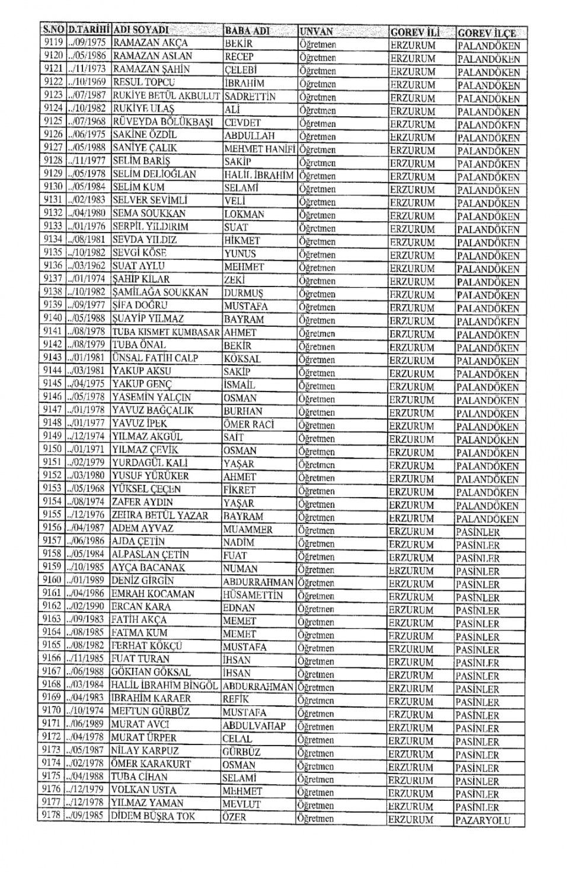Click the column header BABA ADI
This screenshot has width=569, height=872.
[x=247, y=30]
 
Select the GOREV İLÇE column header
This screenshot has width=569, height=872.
[x=487, y=33]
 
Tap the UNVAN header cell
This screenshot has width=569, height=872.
[x=317, y=31]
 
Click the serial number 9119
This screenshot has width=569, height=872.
[x=53, y=42]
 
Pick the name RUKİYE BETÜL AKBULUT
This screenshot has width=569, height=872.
[x=166, y=96]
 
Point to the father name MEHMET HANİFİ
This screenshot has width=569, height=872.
[x=260, y=149]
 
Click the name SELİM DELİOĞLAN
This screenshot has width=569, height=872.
[x=154, y=174]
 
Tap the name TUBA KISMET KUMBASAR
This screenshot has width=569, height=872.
[x=166, y=332]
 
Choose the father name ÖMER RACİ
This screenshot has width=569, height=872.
[x=249, y=424]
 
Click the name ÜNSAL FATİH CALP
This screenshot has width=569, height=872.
[x=155, y=358]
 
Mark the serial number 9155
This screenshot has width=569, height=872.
[x=52, y=514]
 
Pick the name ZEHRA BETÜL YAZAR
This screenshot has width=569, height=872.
[x=160, y=515]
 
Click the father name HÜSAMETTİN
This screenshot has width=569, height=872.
[x=253, y=595]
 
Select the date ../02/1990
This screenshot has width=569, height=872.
[x=87, y=606]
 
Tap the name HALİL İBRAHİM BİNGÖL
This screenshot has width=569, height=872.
[x=164, y=685]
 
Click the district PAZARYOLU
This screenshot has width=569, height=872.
[x=482, y=821]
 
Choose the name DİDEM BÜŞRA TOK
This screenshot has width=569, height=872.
[x=153, y=816]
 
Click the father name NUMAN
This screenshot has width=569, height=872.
[x=240, y=568]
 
